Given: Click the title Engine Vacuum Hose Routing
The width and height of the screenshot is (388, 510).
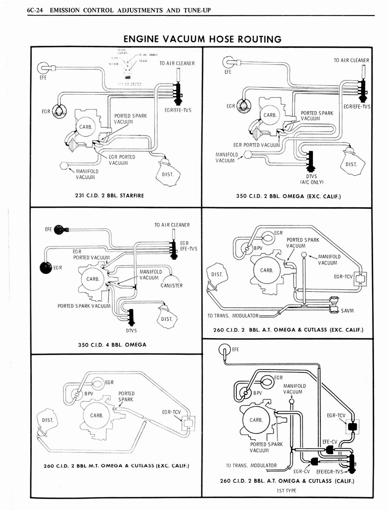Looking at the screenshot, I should coord(202,39).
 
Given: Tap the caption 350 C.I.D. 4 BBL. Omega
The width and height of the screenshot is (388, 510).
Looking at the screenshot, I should coord(112,344).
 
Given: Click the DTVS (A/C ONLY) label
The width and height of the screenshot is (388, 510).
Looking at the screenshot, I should coord(311,179).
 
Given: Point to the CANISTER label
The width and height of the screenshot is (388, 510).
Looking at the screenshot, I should coord(172,285).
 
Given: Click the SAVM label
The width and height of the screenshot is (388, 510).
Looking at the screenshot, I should coord(347,311).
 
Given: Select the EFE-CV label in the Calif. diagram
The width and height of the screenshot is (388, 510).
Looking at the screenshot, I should coord(330,441).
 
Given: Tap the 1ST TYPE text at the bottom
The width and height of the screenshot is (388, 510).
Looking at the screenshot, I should coord(287,490).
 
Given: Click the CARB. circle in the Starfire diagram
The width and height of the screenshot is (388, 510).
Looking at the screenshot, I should coord(86,128).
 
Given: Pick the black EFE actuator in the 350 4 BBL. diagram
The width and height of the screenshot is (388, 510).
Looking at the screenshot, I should coord(59,229).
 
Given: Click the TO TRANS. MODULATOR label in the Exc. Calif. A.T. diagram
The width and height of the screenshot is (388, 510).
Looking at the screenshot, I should coord(233,316).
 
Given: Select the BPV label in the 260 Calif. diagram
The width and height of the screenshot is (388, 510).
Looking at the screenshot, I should coord(257,392).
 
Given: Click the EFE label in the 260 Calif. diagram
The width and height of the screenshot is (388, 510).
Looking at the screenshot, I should coord(235,349).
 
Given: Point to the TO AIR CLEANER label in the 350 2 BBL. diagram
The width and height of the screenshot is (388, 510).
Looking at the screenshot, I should coord(351,60).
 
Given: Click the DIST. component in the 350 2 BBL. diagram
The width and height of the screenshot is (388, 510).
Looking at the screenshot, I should coord(353,164).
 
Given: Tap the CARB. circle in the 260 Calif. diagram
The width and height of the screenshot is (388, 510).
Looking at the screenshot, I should coord(256,420).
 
